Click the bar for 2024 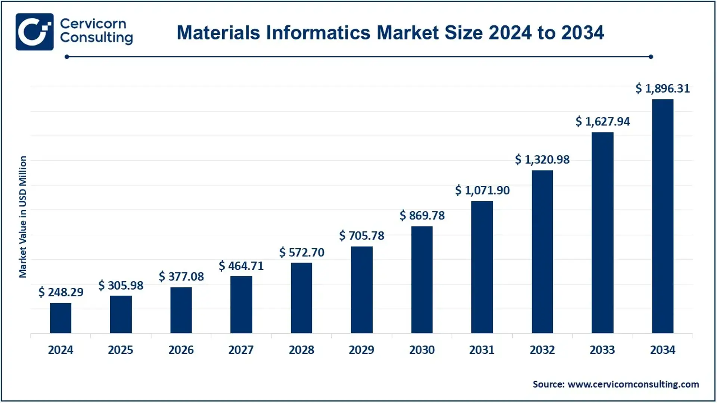[60, 318]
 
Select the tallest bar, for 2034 [662, 216]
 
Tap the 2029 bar [361, 290]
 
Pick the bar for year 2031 [482, 267]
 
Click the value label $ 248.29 [61, 292]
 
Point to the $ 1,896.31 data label [662, 88]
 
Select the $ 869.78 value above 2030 [422, 216]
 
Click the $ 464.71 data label [241, 266]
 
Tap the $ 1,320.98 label [542, 160]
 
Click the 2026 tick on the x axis [181, 350]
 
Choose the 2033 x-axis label [602, 350]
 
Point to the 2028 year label [301, 350]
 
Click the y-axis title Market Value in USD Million [23, 217]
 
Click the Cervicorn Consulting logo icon [35, 32]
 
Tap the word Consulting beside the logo [96, 38]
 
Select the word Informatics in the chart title [319, 32]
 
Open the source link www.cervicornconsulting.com [633, 384]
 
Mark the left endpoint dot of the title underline [67, 57]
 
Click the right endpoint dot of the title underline [651, 57]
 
